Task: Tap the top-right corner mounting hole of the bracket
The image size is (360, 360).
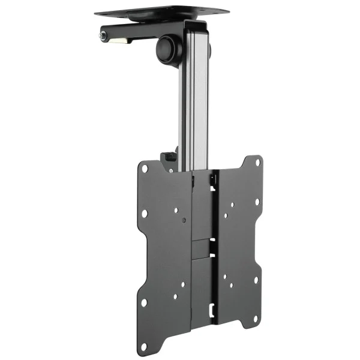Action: pos(257,161)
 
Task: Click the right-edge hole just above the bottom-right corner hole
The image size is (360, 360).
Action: pos(256,280)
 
